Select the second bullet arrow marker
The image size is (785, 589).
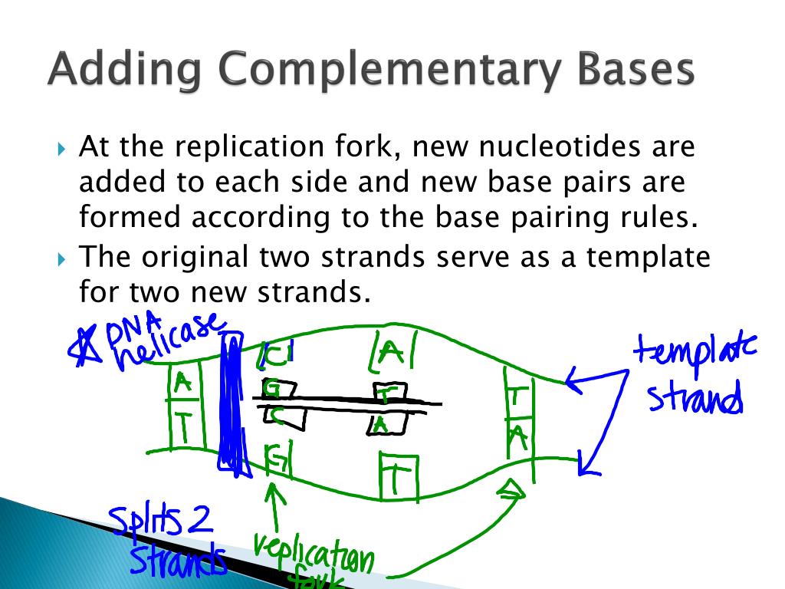pos(63,258)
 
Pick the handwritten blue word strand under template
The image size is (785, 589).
pos(694,399)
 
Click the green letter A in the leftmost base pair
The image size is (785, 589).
pos(182,382)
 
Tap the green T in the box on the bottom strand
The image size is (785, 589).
pos(396,479)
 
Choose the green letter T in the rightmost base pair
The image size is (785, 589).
pos(518,397)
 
